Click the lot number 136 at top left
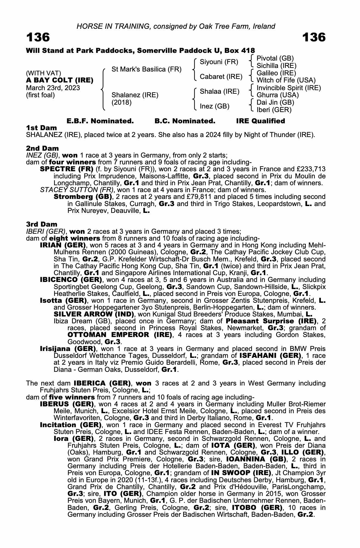38,38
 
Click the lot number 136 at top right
314,38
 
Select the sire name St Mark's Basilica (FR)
146,69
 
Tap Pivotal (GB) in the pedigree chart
275,58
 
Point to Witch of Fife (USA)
286,80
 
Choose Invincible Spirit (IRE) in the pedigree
289,88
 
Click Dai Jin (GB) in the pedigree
275,102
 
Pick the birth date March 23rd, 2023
53,88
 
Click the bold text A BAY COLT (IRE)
60,81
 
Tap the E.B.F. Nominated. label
100,121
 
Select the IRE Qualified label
260,121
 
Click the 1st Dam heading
41,128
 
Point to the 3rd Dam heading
42,224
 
